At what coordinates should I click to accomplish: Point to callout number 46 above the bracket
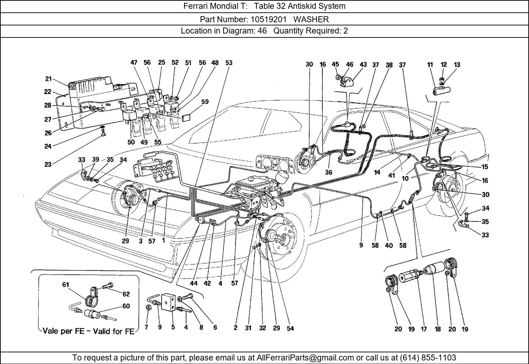pyautogui.click(x=349, y=64)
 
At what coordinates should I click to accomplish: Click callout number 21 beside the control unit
pyautogui.click(x=48, y=79)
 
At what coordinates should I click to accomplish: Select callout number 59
pyautogui.click(x=205, y=102)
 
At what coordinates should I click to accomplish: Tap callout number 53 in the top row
pyautogui.click(x=229, y=63)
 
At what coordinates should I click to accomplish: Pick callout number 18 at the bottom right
pyautogui.click(x=437, y=329)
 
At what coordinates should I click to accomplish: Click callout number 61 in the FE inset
pyautogui.click(x=66, y=285)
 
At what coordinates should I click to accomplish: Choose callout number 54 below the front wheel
pyautogui.click(x=290, y=328)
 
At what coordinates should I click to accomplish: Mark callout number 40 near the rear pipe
pyautogui.click(x=389, y=245)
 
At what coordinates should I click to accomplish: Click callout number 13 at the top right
pyautogui.click(x=457, y=65)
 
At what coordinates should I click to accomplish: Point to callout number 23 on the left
pyautogui.click(x=48, y=164)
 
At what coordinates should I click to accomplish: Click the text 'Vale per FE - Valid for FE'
pyautogui.click(x=88, y=331)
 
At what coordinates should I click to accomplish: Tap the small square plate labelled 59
pyautogui.click(x=187, y=117)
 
